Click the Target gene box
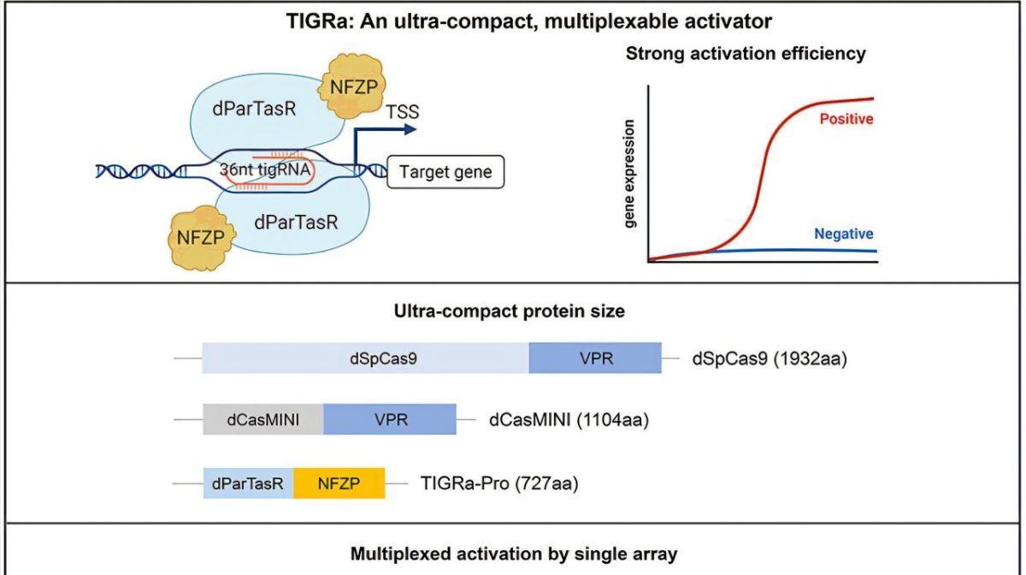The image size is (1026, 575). [x=445, y=172]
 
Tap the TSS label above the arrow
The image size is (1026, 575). [x=403, y=112]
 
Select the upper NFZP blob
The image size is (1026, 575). [x=351, y=86]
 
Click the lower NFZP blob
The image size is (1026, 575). [x=201, y=238]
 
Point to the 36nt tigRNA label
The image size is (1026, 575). [x=265, y=169]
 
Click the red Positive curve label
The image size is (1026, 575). [x=846, y=119]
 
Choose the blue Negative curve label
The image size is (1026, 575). [x=844, y=234]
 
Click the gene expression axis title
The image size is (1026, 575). [x=629, y=174]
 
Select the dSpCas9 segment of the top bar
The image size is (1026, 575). [x=366, y=359]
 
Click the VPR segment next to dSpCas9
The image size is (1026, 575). [x=595, y=359]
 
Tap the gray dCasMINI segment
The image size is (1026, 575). [x=263, y=419]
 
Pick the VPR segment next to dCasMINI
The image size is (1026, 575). [x=390, y=419]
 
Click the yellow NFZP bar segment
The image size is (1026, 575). [x=339, y=483]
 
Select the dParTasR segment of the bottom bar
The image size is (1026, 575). [x=248, y=483]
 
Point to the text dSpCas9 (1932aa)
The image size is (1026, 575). [x=769, y=359]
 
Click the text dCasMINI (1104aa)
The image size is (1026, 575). [x=569, y=420]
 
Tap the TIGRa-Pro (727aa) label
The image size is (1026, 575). [x=499, y=483]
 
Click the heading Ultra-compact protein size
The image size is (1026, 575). [x=510, y=311]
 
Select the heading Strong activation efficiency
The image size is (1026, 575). [x=746, y=54]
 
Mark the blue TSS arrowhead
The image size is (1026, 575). [x=411, y=130]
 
